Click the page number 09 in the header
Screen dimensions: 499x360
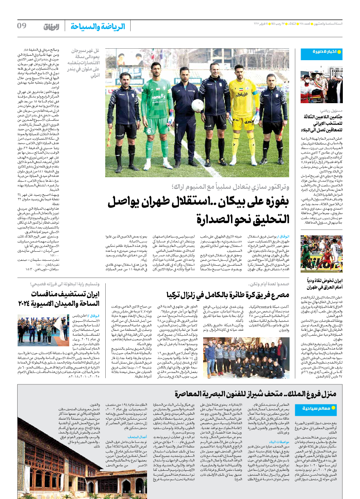21,26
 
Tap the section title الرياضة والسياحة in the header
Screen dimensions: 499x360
97,27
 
